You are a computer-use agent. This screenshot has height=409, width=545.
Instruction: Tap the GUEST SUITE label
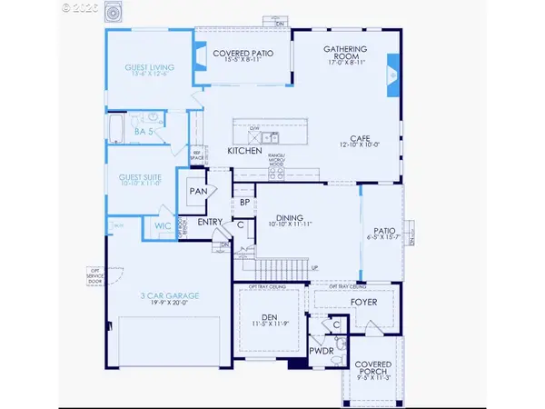(x=140, y=179)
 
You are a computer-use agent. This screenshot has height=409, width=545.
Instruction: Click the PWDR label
(x=322, y=349)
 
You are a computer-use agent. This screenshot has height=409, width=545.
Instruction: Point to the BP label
(x=244, y=202)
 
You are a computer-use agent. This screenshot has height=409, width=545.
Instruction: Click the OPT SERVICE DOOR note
(x=94, y=273)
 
